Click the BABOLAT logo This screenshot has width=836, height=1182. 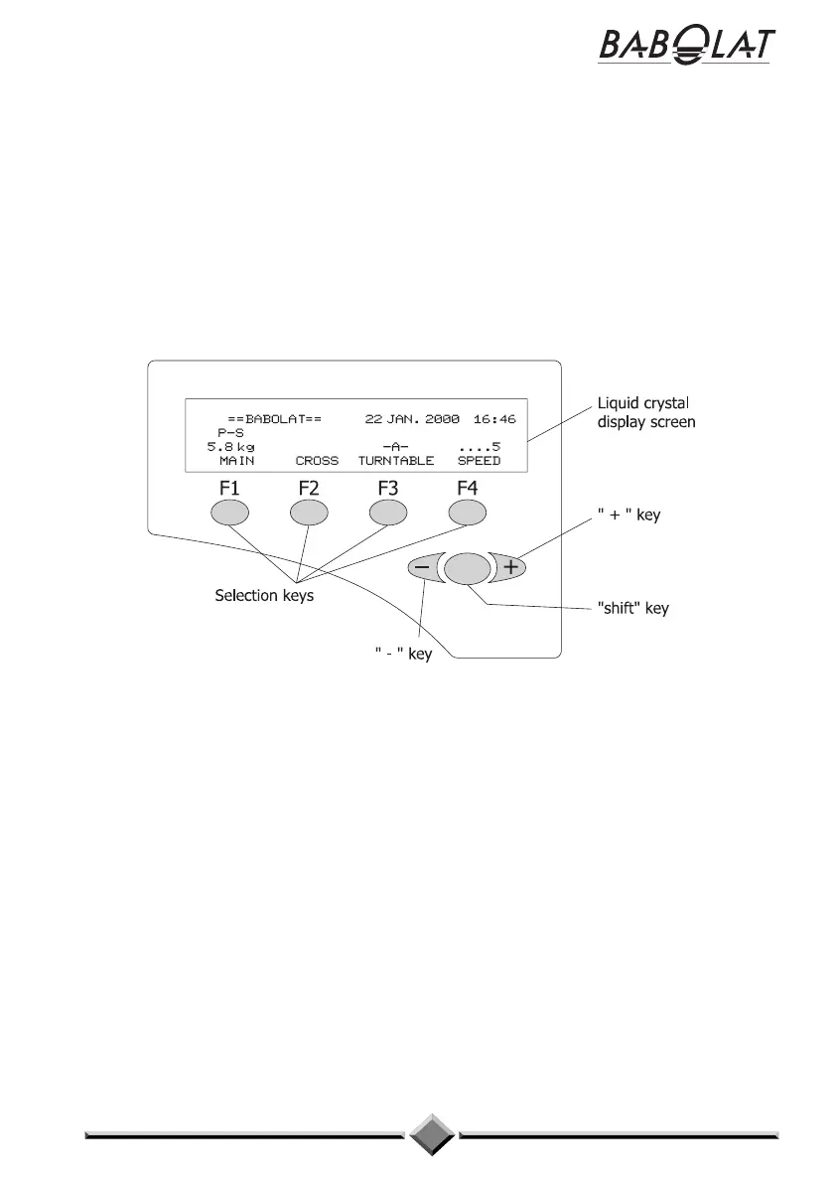pos(686,46)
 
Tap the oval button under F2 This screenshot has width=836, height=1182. pos(309,513)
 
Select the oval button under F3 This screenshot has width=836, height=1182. pos(388,513)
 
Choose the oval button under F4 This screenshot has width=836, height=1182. pos(468,513)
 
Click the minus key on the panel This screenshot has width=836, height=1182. pos(423,568)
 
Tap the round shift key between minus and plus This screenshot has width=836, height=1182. pos(468,568)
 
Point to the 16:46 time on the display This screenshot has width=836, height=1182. pos(494,419)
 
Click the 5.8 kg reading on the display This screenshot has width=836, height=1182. pos(230,447)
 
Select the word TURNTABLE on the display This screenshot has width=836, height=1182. pos(396,461)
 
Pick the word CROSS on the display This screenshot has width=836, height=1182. pos(317,461)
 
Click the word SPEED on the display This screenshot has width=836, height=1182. pos(479,461)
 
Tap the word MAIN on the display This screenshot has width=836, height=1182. pos(236,461)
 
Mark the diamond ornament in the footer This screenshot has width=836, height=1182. pos(432,1132)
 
